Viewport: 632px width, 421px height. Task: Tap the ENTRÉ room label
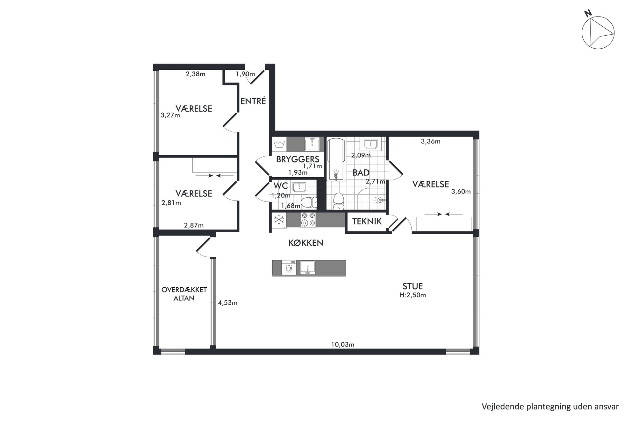click(253, 101)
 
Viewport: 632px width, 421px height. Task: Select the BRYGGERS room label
click(298, 159)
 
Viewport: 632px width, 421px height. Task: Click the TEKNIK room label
click(367, 221)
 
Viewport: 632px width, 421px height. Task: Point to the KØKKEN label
click(306, 243)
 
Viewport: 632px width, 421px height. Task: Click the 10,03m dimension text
click(343, 344)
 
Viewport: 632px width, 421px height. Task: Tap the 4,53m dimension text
click(227, 303)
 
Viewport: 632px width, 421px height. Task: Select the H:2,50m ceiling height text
click(413, 295)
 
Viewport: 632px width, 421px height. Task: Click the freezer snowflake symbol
click(279, 220)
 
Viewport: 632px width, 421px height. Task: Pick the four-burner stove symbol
click(308, 220)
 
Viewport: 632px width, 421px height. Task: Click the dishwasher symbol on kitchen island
click(289, 268)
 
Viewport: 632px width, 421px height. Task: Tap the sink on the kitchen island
click(308, 268)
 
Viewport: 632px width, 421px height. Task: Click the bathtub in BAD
click(336, 159)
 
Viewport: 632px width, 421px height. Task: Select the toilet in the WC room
click(309, 202)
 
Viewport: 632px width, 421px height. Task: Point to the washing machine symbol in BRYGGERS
click(279, 144)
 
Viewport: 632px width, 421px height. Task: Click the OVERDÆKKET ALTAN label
click(184, 294)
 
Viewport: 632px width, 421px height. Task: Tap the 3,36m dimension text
click(431, 142)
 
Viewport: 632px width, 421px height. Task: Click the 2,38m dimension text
click(196, 74)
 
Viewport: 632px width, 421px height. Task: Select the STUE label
click(413, 286)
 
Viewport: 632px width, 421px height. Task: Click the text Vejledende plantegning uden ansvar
click(550, 406)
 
